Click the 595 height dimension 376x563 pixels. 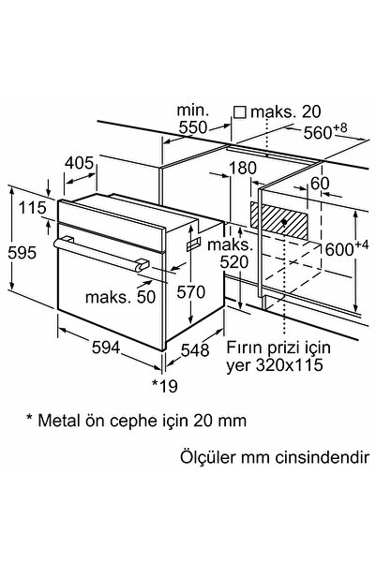tap(22, 253)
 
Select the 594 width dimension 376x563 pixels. tap(106, 348)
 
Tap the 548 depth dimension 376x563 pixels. tap(195, 350)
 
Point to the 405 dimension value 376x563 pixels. tap(79, 163)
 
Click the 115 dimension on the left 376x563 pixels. tap(33, 208)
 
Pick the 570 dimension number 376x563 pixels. tap(191, 292)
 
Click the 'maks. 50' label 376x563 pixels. tap(120, 297)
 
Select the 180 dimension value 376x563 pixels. tap(243, 168)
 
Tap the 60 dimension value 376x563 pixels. tap(320, 184)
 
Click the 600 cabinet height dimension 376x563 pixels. tap(347, 248)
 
